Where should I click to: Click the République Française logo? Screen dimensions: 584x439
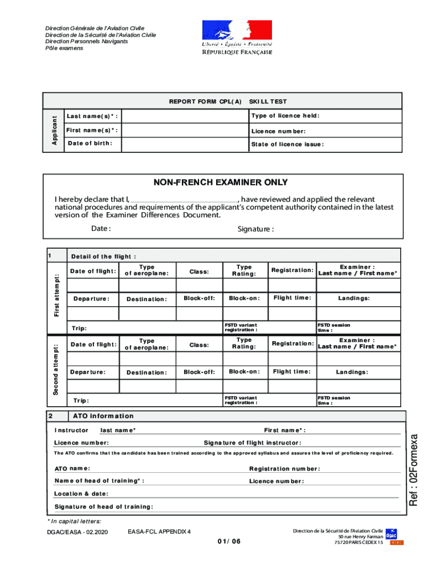click(237, 37)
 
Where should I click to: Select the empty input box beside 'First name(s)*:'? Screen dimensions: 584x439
click(182, 131)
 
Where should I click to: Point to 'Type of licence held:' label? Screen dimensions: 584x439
click(285, 116)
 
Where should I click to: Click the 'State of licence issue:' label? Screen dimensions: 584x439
click(287, 144)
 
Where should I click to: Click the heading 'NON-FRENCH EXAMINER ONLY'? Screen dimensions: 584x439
click(221, 183)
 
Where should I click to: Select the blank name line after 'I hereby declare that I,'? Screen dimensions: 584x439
click(184, 200)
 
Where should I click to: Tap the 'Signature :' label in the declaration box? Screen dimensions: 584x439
click(255, 229)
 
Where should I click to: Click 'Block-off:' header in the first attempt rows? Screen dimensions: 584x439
click(199, 298)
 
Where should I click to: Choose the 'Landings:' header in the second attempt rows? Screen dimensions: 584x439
click(352, 372)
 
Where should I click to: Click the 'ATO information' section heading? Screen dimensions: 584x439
click(103, 416)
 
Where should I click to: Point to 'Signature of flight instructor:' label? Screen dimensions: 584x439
click(253, 443)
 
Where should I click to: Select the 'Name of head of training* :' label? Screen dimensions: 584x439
click(99, 481)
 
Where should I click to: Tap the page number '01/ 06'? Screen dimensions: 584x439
click(229, 541)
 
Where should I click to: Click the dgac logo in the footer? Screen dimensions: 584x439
click(391, 534)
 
